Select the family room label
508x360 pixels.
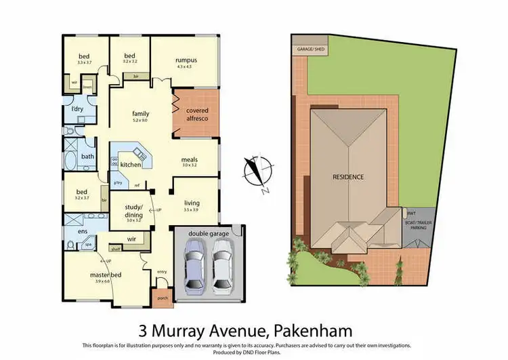click(140, 113)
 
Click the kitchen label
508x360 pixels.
click(131, 164)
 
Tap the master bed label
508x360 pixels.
click(104, 275)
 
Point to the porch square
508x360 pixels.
click(163, 297)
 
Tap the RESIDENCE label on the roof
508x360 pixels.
click(347, 177)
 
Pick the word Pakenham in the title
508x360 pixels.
click(315, 332)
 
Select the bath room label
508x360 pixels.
click(87, 157)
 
